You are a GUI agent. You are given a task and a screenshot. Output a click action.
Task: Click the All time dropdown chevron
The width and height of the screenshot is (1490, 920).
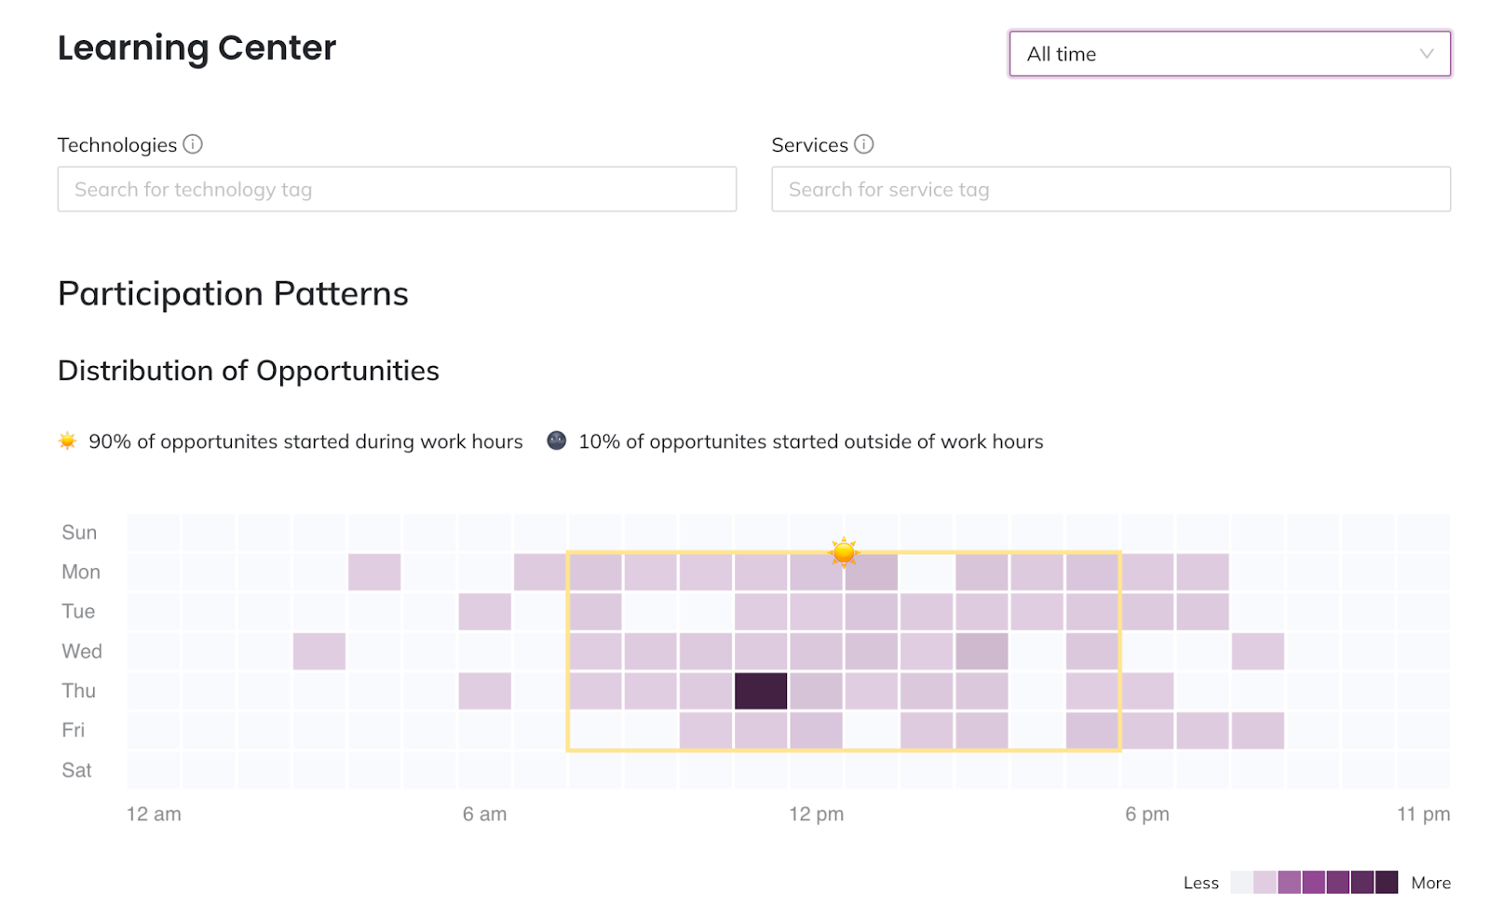1426,54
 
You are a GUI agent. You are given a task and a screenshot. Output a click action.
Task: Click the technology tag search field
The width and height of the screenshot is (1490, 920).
397,189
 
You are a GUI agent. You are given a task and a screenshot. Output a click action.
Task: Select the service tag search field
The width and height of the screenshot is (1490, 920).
1110,189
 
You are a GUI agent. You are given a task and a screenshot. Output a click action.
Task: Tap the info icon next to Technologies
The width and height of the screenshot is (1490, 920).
193,144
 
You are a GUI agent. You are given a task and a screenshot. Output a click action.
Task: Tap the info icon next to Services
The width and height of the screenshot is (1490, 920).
864,144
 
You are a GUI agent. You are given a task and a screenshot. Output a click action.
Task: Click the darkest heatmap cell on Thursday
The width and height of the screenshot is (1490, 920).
761,691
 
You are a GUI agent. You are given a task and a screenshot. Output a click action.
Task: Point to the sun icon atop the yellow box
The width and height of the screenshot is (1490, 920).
844,552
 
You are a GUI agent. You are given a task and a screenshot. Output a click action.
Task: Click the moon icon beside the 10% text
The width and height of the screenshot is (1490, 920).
557,440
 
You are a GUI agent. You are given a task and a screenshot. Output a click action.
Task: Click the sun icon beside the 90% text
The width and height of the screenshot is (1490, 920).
67,440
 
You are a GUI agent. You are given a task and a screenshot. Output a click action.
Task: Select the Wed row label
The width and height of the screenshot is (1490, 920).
82,651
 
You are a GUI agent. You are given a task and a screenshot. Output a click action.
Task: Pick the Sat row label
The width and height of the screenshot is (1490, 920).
76,770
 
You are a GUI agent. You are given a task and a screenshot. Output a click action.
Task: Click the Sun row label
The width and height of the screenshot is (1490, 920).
79,533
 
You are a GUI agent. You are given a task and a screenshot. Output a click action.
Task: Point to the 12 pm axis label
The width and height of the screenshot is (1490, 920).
816,814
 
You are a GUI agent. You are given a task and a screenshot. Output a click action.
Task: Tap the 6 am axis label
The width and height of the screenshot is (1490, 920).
484,814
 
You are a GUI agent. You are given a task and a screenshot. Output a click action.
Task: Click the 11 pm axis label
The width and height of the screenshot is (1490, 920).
1423,814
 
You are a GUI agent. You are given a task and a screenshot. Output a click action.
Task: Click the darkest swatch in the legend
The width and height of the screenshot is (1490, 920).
1387,882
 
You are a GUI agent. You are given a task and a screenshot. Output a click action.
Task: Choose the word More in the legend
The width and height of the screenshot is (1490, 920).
1430,883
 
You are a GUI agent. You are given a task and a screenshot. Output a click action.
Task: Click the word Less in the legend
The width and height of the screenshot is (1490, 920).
1200,883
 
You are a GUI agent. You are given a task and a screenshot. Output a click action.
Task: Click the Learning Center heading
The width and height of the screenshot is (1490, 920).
196,47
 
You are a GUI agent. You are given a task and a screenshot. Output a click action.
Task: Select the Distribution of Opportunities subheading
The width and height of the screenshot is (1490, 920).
249,371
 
